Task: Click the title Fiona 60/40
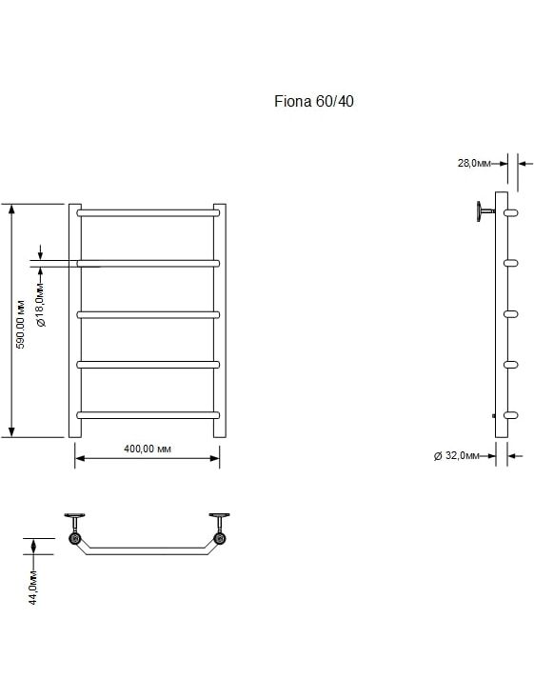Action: tap(314, 102)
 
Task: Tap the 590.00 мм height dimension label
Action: tap(21, 325)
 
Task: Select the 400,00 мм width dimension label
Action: tap(148, 449)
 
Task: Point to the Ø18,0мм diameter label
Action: tap(40, 305)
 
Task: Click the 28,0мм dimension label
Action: tap(474, 163)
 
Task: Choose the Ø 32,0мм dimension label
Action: tap(457, 455)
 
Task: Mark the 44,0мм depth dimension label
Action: tap(33, 588)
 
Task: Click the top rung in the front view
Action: tap(148, 213)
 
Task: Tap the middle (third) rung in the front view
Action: tap(148, 314)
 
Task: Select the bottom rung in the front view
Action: tap(148, 415)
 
